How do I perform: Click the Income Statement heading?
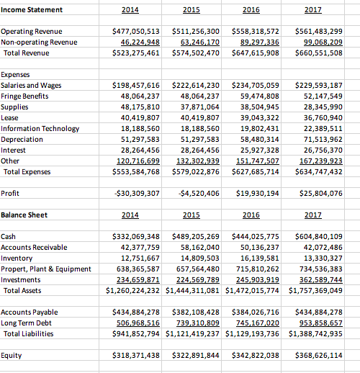[x=32, y=9]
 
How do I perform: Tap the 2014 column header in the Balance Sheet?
[x=131, y=215]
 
